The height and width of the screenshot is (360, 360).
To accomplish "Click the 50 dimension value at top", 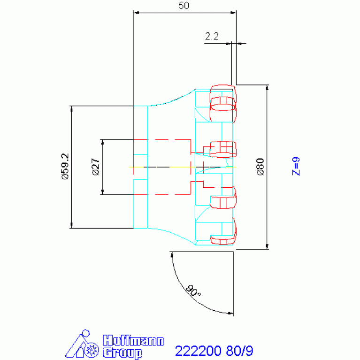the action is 184,6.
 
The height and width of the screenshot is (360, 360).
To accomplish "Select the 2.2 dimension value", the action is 212,36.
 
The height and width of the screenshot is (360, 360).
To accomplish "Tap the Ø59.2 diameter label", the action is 65,167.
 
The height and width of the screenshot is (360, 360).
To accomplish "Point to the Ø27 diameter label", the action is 96,167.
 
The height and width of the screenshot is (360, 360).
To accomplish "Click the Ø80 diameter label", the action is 260,167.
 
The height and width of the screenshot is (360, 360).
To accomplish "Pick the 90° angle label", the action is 193,291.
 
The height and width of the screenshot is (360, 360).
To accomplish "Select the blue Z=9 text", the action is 296,167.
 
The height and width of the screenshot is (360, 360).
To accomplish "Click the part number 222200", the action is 198,351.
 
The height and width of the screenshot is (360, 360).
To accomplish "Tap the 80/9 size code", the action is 239,351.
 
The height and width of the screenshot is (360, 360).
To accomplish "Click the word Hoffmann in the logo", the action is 133,340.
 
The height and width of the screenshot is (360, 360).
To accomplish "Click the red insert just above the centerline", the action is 223,149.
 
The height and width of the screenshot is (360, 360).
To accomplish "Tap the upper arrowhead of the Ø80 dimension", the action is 267,87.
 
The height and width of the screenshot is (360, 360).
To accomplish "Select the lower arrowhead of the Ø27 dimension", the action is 102,192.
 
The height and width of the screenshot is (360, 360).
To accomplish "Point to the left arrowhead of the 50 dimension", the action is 136,13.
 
